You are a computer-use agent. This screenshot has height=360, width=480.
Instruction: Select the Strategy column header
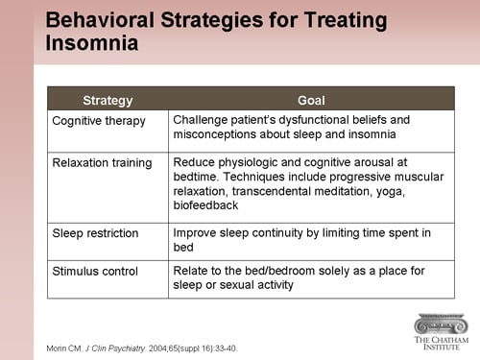point(108,100)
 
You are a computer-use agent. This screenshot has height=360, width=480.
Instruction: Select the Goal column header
point(311,100)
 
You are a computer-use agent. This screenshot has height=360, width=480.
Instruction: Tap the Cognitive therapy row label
point(98,120)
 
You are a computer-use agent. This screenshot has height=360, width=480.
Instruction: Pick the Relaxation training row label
point(102,163)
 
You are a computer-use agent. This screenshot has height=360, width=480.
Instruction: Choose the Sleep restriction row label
point(95,233)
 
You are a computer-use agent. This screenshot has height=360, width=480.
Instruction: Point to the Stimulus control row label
point(94,272)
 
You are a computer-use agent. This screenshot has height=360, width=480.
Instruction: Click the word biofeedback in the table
point(207,205)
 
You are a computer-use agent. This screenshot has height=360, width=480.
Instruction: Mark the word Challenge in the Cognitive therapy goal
point(204,120)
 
